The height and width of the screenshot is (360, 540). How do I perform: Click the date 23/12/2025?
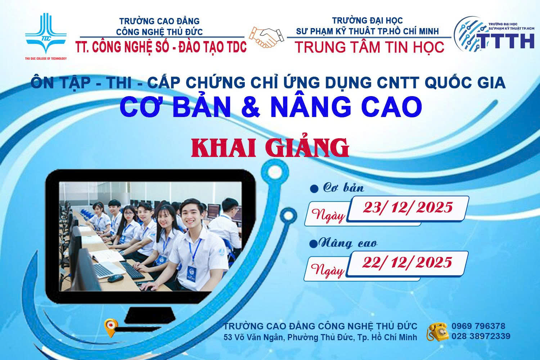click(x=408, y=207)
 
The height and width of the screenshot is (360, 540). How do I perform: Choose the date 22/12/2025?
click(x=407, y=262)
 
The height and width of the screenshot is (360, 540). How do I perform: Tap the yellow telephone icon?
click(x=437, y=332)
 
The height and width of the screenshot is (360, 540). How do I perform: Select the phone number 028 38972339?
click(x=481, y=337)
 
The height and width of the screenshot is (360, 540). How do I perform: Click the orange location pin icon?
click(x=110, y=327)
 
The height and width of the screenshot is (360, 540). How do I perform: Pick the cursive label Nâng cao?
click(x=347, y=244)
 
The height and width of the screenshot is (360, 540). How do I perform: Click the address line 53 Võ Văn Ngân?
click(x=320, y=338)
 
